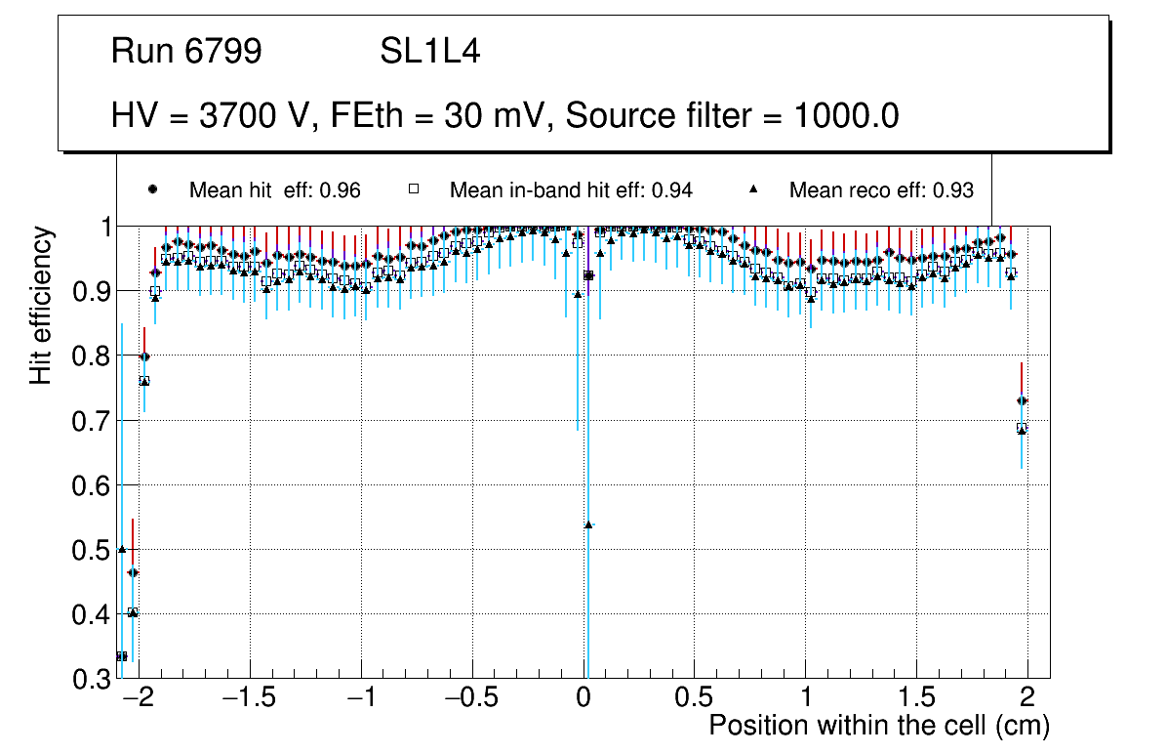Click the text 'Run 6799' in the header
tap(186, 52)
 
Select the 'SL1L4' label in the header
tap(429, 52)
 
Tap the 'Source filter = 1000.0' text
tap(732, 116)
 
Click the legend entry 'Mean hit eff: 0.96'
tap(274, 190)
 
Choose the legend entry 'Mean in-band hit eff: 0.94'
tap(571, 190)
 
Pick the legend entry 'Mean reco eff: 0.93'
tap(880, 190)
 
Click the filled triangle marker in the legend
tap(754, 189)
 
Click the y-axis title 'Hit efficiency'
tap(41, 305)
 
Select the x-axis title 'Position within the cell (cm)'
tap(878, 726)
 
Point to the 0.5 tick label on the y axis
tap(91, 550)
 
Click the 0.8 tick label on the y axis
tap(91, 356)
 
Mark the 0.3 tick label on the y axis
tap(91, 679)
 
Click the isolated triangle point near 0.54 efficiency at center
tap(588, 524)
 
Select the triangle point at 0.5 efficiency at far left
tap(122, 549)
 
